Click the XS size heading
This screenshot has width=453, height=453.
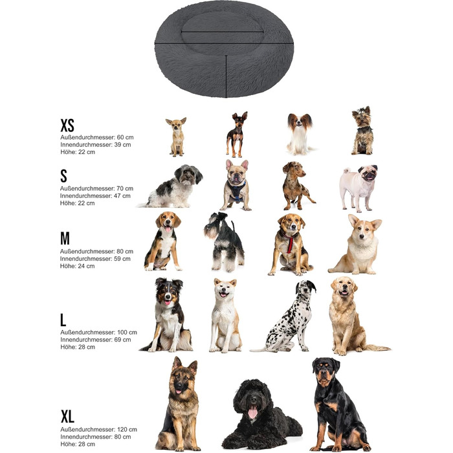(x=67, y=125)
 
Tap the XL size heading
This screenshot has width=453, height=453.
(x=67, y=416)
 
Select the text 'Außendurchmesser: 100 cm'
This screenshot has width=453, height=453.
(x=98, y=332)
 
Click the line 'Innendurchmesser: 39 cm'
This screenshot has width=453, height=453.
(x=96, y=144)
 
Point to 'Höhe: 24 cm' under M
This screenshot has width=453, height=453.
(x=78, y=266)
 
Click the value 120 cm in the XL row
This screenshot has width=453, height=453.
(x=127, y=429)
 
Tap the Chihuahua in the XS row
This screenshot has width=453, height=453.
(x=176, y=137)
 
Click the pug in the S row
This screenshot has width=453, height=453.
(x=359, y=188)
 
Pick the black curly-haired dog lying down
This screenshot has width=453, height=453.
(x=260, y=415)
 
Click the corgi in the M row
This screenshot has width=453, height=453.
(x=356, y=245)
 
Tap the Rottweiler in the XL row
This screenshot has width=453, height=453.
(x=338, y=404)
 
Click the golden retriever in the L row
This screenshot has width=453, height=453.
(x=351, y=316)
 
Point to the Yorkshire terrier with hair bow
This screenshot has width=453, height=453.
(x=362, y=131)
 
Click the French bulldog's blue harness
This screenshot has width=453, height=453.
(x=236, y=190)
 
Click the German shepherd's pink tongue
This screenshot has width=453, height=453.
(x=178, y=392)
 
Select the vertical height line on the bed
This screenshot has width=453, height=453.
(x=226, y=76)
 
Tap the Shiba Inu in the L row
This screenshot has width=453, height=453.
(x=225, y=316)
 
